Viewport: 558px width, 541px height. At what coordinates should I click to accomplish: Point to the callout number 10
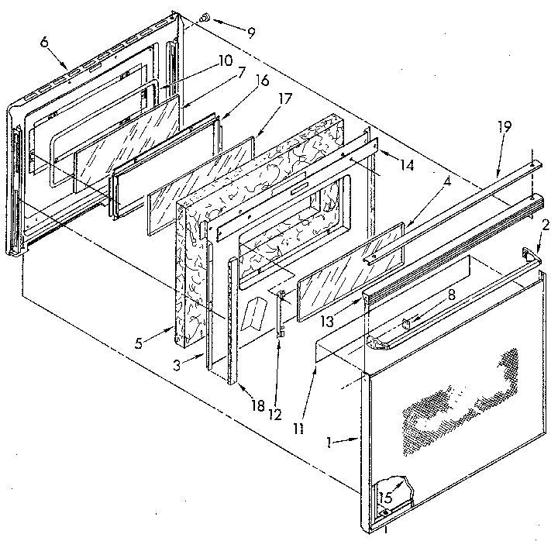pos(225,60)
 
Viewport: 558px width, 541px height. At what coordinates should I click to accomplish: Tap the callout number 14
pos(408,165)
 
